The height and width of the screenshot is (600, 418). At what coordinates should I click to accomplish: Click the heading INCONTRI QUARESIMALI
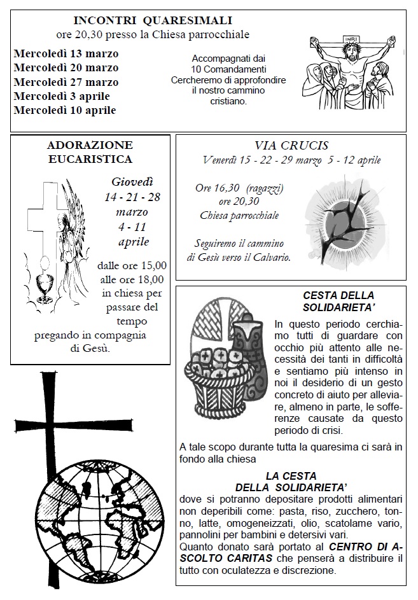(x=152, y=20)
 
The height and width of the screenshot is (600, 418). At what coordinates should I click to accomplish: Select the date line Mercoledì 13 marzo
(x=66, y=53)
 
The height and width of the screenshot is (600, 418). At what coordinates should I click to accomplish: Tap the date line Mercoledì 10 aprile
(x=64, y=110)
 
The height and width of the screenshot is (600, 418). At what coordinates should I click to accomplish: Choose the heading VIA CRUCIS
(x=291, y=146)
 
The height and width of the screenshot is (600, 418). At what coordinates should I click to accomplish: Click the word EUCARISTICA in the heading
(x=90, y=159)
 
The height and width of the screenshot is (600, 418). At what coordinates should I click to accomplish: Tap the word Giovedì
(x=132, y=182)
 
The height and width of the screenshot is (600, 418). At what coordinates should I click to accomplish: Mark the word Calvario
(x=270, y=258)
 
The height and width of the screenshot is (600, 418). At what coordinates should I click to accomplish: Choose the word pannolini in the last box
(x=200, y=534)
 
